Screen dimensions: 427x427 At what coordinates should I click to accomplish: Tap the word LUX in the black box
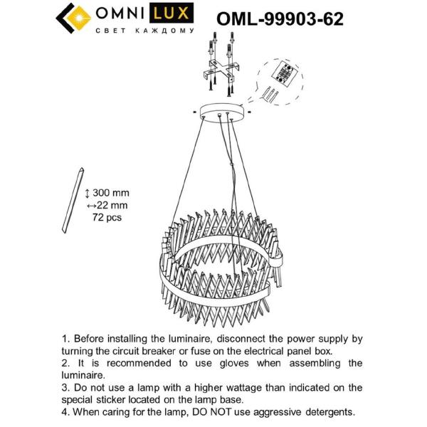click(x=168, y=15)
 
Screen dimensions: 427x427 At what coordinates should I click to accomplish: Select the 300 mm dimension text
click(x=112, y=194)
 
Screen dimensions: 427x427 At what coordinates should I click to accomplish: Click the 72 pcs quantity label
click(x=107, y=217)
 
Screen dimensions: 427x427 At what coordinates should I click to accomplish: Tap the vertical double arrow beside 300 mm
click(x=88, y=194)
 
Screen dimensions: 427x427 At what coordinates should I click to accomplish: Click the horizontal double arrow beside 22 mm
click(x=90, y=206)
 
